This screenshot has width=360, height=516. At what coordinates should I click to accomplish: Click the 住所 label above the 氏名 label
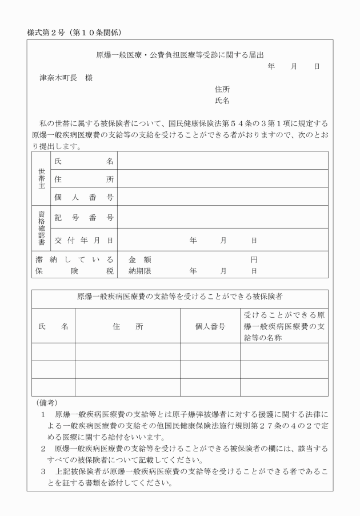(222, 89)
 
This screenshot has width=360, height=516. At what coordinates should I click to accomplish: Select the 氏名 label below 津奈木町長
(222, 101)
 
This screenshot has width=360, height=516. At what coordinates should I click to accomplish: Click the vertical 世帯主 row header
(41, 178)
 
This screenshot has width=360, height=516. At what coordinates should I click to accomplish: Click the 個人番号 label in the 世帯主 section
(84, 197)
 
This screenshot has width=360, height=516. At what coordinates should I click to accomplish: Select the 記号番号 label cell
(84, 218)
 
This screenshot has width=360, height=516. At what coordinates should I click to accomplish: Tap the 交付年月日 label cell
(84, 241)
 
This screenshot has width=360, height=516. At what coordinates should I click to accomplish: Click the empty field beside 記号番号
(223, 218)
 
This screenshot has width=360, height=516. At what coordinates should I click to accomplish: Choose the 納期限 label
(139, 270)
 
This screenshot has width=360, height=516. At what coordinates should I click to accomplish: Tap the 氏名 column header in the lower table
(53, 326)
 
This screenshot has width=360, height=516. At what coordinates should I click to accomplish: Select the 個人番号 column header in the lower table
(210, 326)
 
